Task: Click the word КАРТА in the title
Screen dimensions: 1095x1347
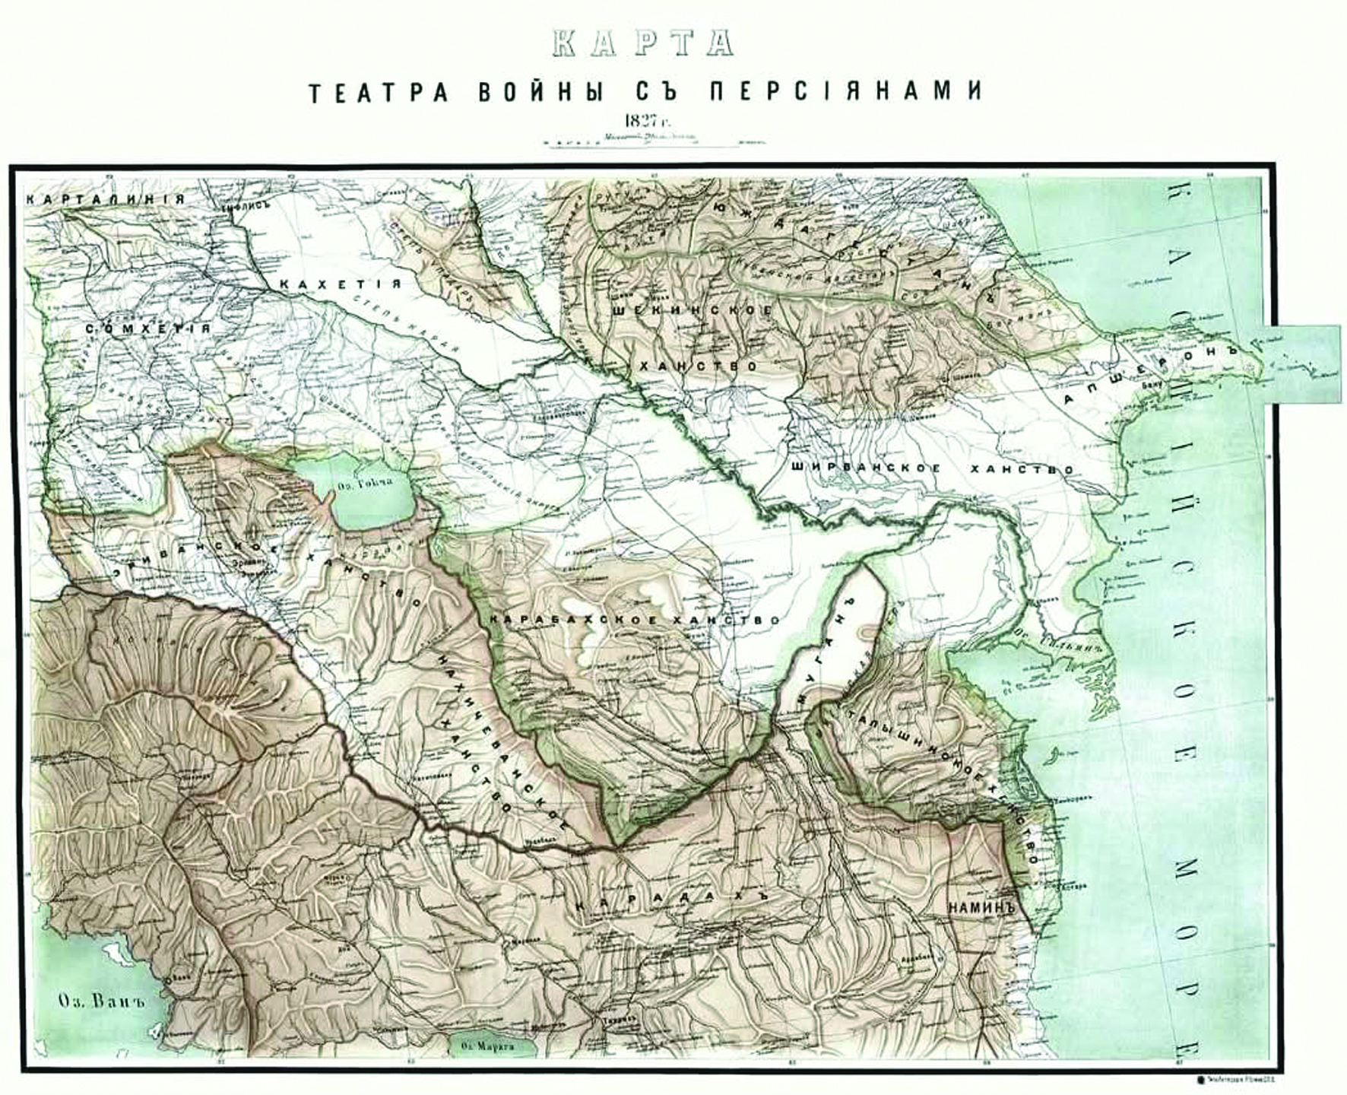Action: click(x=643, y=43)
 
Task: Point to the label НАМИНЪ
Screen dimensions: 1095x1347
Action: click(x=981, y=907)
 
